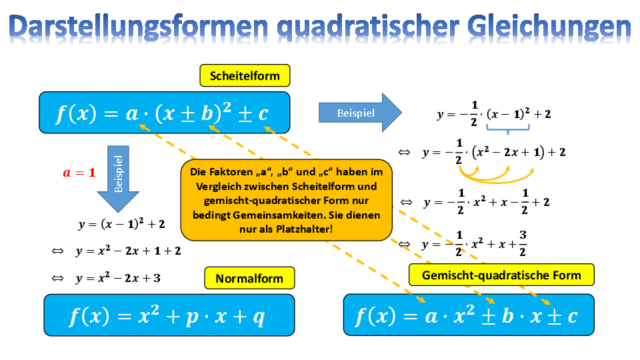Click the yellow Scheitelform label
coord(245,75)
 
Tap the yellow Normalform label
coord(249,279)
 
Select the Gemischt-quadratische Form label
coord(501,275)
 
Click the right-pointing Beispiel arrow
coord(360,113)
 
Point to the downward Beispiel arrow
coord(119,179)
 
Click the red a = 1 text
coord(79,173)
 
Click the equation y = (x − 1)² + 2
coord(121,224)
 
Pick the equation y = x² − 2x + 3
coord(118,278)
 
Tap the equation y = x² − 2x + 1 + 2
coord(128,251)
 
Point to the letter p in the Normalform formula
coord(193,317)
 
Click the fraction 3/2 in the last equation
coord(523,243)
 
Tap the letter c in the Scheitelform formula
coord(263,113)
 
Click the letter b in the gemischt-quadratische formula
coord(507,315)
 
